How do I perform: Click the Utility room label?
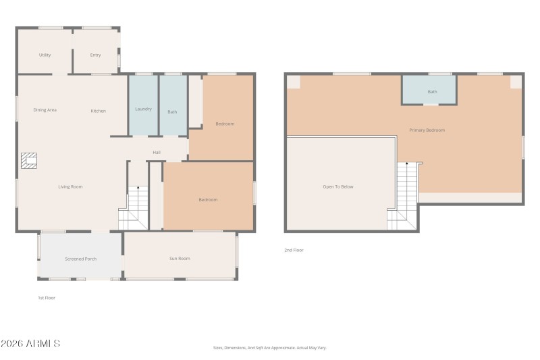45,55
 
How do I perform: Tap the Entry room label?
95,55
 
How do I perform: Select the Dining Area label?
45,110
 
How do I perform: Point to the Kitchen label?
99,111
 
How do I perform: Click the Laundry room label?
143,109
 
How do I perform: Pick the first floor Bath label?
172,111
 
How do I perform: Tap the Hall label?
157,152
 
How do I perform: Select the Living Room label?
70,186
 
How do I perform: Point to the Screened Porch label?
80,259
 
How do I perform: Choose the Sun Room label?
180,258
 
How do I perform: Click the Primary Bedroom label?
427,130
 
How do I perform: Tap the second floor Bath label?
432,92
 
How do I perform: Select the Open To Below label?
337,186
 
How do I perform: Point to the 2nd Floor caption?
294,250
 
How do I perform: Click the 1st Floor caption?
46,297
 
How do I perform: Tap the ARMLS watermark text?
30,344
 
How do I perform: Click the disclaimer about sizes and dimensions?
269,348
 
